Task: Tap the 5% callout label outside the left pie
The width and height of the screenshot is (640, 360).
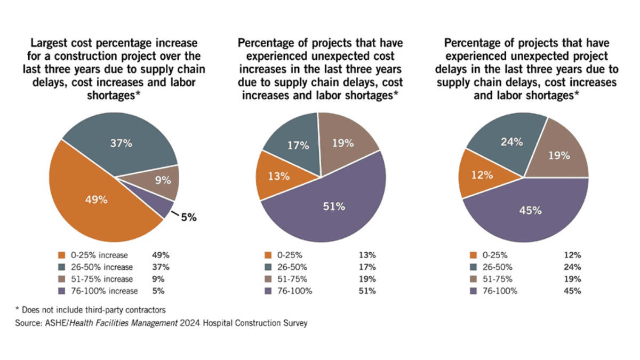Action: (188, 217)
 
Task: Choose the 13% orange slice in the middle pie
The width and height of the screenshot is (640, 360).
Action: (277, 176)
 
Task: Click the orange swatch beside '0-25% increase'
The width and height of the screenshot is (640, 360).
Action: (62, 255)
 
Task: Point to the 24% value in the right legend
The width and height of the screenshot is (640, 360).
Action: (573, 267)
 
